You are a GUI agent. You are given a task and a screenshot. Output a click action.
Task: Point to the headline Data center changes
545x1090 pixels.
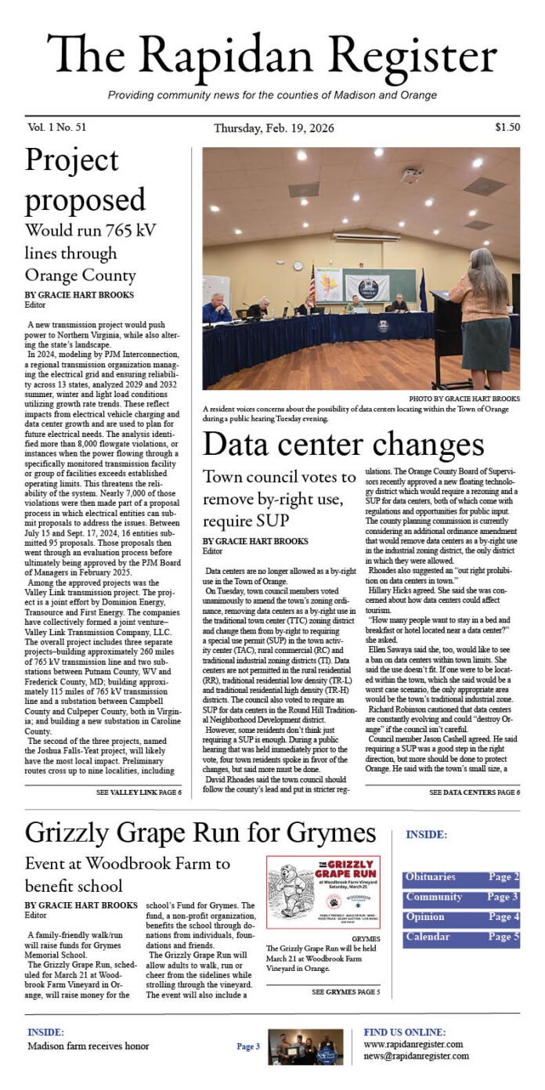(x=343, y=445)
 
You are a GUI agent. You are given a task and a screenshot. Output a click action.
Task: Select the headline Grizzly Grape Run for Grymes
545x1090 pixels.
(x=200, y=831)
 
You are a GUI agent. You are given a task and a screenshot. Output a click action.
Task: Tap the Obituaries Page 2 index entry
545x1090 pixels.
(x=461, y=878)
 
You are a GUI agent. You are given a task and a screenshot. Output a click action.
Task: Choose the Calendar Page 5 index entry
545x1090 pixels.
(x=461, y=937)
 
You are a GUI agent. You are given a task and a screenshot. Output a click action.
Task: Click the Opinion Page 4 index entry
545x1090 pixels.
(x=461, y=917)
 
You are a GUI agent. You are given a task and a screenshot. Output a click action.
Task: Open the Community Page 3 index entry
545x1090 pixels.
(x=461, y=897)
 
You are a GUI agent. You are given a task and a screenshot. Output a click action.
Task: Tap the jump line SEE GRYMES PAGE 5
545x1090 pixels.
(x=345, y=992)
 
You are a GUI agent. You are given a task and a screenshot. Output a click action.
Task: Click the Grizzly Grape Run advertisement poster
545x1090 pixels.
(x=323, y=891)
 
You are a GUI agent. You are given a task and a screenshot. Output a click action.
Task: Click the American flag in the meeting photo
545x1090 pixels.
(x=312, y=283)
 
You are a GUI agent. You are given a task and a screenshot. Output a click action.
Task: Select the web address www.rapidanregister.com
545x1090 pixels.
(x=413, y=1044)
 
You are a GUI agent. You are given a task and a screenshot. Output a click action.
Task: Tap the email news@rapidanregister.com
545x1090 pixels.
(x=416, y=1056)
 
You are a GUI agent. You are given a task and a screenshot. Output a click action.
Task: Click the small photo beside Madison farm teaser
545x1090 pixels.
(x=305, y=1047)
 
